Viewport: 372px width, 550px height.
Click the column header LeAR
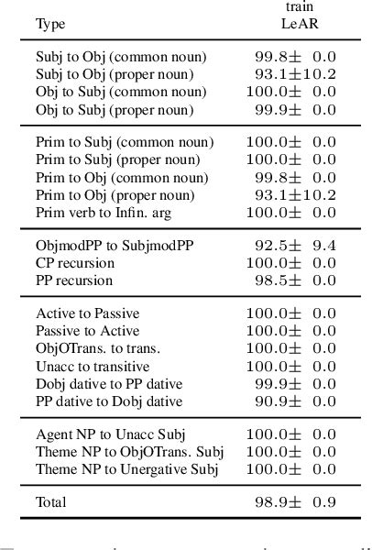[296, 24]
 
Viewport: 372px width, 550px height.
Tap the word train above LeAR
[296, 7]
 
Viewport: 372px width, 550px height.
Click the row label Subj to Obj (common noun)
[122, 57]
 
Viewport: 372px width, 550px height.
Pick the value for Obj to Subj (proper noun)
[294, 109]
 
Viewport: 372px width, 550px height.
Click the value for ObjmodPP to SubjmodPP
[294, 246]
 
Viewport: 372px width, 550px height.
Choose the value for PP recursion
[294, 280]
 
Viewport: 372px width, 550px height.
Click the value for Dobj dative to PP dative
[294, 383]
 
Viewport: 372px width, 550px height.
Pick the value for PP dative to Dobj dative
[294, 401]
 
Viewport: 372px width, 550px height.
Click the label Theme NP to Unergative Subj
[127, 469]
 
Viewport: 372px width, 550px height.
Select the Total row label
[51, 502]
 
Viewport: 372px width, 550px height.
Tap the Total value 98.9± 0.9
[294, 502]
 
